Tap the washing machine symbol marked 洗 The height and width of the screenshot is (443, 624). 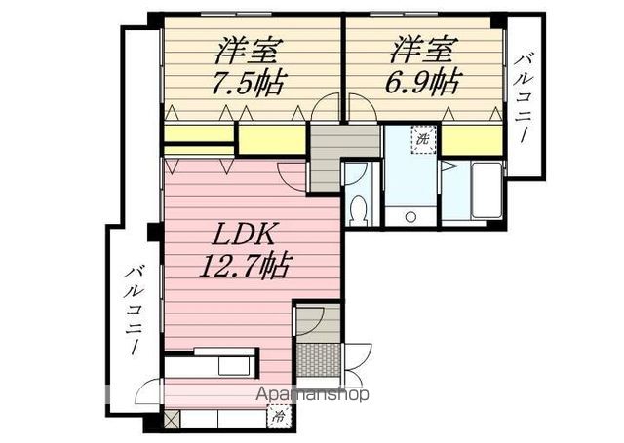tap(422, 139)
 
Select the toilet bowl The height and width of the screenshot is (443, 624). tap(358, 208)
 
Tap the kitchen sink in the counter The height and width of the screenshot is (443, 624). tap(237, 365)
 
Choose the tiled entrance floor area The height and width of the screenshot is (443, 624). tap(317, 358)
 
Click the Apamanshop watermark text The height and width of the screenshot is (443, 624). tap(311, 396)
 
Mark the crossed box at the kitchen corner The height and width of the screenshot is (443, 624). tap(173, 421)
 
